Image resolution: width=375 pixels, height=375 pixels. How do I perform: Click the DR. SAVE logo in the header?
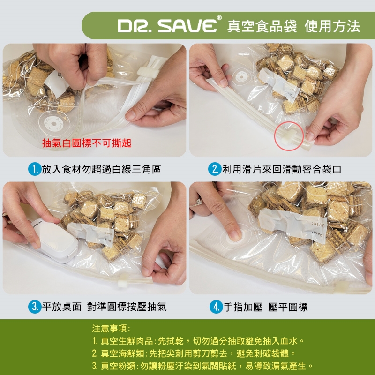(x=167, y=26)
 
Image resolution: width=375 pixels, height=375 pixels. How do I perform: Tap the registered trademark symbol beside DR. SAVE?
(x=219, y=18)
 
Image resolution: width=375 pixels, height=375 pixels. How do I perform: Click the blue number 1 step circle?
(x=35, y=169)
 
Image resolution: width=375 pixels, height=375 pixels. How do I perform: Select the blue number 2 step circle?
(x=215, y=169)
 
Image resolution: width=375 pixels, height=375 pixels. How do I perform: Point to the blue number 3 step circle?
(x=35, y=307)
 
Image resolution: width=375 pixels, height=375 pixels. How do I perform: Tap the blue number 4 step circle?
(x=216, y=307)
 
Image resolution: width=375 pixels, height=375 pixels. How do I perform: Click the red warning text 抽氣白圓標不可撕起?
(x=87, y=143)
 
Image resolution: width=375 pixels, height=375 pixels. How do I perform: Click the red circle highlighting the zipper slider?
(x=289, y=136)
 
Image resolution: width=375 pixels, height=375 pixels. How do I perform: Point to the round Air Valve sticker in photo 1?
(x=54, y=124)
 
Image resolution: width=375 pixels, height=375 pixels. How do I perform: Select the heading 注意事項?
(x=111, y=329)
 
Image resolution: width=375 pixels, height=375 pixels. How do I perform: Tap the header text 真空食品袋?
(x=262, y=26)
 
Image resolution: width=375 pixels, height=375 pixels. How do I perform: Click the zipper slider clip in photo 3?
(x=124, y=280)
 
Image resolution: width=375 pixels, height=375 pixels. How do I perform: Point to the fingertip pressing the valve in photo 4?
(x=234, y=236)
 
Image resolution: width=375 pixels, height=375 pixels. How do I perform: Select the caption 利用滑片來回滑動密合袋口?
(x=282, y=169)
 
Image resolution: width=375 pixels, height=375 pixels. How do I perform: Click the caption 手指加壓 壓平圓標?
(x=265, y=307)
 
